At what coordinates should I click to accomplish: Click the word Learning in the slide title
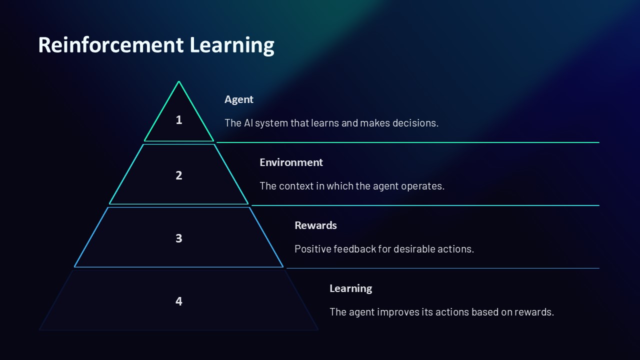[231, 45]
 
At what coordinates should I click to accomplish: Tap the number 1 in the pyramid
[179, 120]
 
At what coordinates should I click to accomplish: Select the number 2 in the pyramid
[179, 175]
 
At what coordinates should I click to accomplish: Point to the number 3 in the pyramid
[179, 238]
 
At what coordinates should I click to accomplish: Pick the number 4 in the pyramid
[179, 301]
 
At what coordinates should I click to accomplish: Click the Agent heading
[238, 99]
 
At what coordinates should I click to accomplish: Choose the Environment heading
[291, 162]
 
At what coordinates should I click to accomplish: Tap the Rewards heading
[315, 225]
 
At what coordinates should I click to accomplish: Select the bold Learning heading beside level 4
[350, 288]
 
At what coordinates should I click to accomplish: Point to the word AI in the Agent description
[248, 123]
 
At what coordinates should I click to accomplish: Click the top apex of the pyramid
[179, 82]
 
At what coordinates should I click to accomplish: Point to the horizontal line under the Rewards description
[442, 268]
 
